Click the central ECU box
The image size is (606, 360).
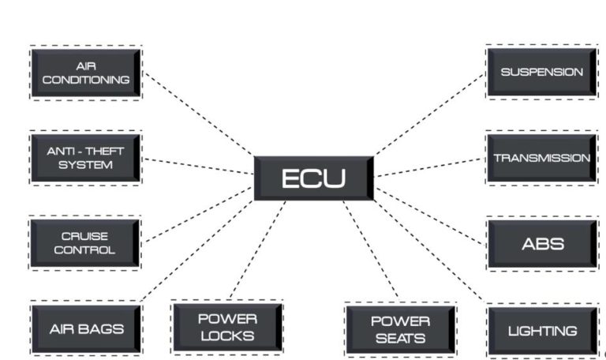[313, 178]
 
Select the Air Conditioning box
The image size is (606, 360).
[85, 73]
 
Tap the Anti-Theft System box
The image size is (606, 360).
[85, 158]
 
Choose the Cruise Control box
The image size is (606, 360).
[85, 243]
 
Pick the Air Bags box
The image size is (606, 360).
[85, 329]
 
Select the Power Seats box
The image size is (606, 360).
[400, 330]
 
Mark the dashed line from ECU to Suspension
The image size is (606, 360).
[430, 114]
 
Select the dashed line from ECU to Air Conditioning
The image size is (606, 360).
[197, 115]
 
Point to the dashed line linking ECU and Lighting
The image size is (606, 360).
[430, 253]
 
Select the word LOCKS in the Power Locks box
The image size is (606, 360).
[226, 336]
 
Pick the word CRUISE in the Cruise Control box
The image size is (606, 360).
[85, 236]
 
